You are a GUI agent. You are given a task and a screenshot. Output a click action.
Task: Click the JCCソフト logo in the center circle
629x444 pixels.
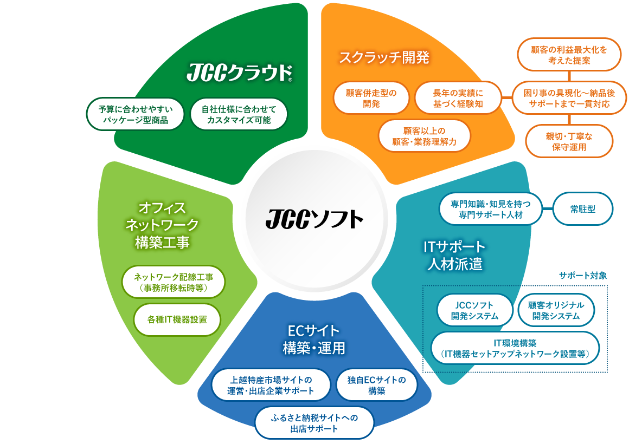click(314, 219)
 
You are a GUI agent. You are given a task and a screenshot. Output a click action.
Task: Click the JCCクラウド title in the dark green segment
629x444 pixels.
click(240, 73)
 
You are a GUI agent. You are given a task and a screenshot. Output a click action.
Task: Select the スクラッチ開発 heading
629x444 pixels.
click(384, 57)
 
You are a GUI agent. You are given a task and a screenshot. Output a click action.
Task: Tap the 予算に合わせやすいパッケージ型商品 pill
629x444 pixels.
click(135, 114)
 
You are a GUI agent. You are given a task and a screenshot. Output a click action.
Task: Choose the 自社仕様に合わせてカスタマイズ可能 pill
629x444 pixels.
click(239, 114)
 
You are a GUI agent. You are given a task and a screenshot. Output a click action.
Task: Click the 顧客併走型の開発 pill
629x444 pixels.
click(371, 98)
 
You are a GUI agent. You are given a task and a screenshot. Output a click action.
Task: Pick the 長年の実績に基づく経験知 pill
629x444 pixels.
click(458, 98)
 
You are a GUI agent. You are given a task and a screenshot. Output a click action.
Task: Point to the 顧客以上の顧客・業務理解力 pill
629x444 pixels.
click(425, 136)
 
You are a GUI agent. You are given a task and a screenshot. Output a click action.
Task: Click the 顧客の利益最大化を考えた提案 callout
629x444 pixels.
click(569, 55)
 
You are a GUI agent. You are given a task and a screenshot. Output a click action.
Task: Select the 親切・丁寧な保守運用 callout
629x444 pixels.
click(569, 141)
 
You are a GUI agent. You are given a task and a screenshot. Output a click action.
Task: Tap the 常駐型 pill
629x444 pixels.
click(583, 209)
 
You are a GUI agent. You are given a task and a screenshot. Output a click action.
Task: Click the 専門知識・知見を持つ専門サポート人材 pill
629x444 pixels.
click(491, 209)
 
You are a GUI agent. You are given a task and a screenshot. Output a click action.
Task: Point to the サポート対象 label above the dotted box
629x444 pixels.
click(583, 275)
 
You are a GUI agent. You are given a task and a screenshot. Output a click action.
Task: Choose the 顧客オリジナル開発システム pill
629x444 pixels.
click(556, 311)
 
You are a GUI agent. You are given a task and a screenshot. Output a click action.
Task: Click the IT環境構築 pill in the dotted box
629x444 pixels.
click(515, 348)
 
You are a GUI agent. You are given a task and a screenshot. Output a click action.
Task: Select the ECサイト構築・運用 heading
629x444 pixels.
click(314, 339)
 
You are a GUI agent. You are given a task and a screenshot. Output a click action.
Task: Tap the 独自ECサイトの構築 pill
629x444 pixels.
click(377, 385)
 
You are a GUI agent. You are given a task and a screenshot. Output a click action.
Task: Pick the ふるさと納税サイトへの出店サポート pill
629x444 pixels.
click(314, 423)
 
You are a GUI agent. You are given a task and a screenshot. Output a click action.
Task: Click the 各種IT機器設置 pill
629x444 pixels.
click(177, 320)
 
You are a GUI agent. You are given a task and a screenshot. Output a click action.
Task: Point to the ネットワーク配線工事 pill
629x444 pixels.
click(174, 282)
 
